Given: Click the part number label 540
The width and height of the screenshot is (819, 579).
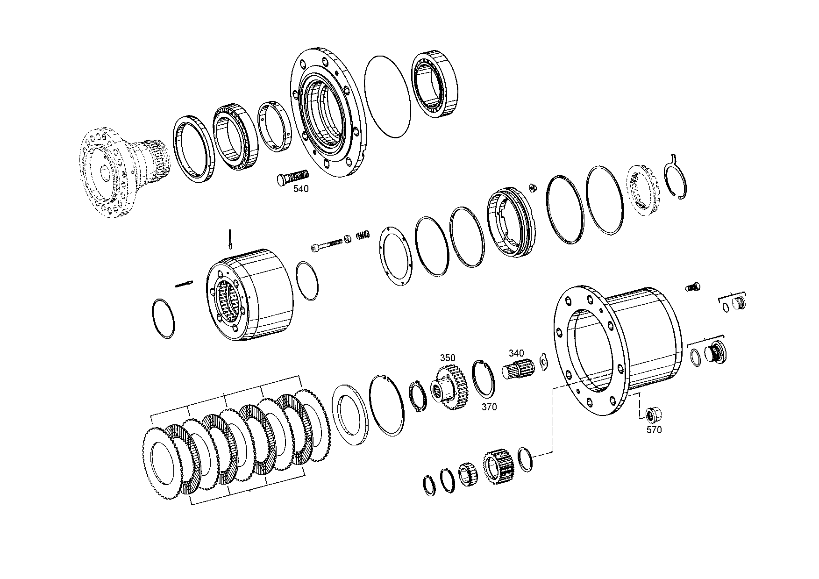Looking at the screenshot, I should (x=301, y=189).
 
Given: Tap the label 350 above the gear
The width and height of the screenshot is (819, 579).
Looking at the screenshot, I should (x=447, y=358).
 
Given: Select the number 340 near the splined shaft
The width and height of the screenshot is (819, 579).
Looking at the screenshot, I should (x=516, y=353).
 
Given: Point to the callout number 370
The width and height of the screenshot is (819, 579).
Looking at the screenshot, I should (x=489, y=407).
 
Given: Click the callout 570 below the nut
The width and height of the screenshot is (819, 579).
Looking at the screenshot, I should (x=654, y=430).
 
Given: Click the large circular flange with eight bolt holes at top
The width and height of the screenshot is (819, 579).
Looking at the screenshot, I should (x=328, y=111).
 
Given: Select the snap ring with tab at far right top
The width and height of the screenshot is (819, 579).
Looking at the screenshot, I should (x=676, y=178).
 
